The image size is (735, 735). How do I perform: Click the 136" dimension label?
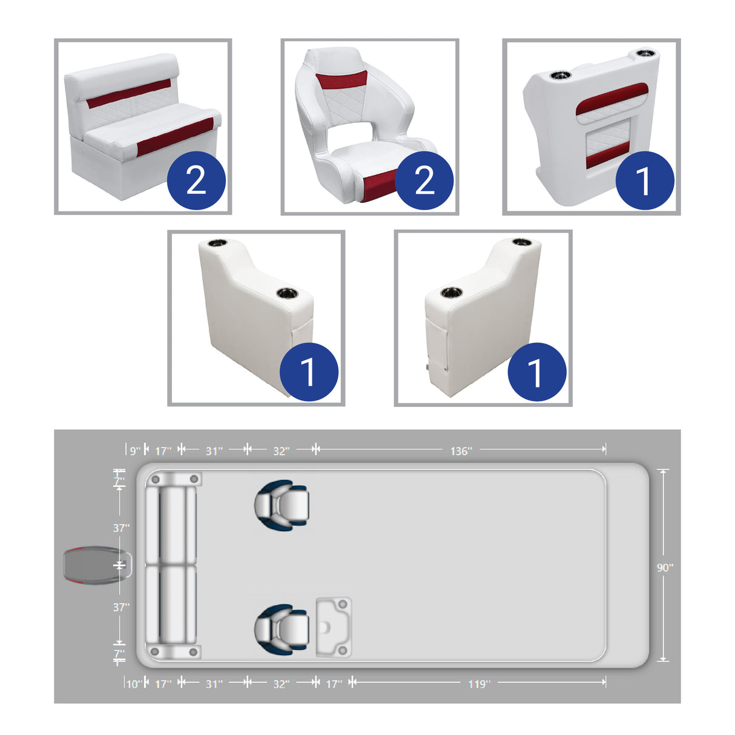[x=461, y=451]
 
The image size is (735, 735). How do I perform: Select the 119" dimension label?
[x=479, y=684]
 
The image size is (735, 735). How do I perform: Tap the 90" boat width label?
[x=665, y=568]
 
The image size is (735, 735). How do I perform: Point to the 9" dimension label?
[x=135, y=451]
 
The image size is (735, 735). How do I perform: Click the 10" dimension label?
[x=134, y=684]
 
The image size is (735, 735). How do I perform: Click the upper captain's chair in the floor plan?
[x=282, y=505]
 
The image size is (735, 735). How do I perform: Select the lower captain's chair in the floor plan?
[x=282, y=628]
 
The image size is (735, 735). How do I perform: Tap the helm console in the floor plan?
[x=334, y=627]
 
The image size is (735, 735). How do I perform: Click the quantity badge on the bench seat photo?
[x=196, y=180]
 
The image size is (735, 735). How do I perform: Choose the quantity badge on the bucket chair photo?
[x=424, y=180]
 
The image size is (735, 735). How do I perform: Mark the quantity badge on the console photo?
[x=644, y=180]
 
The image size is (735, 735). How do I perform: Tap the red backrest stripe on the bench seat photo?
[x=129, y=94]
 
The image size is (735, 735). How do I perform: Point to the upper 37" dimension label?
[x=121, y=528]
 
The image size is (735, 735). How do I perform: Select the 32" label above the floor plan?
[x=281, y=451]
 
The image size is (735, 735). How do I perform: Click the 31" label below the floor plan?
[x=214, y=684]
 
